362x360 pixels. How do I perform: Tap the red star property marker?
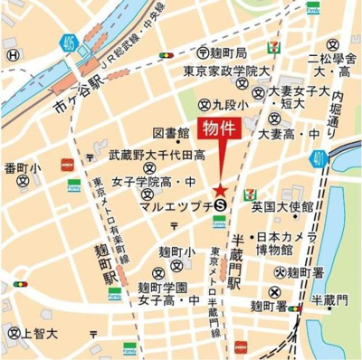(220, 189)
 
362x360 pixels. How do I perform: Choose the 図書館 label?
(169, 132)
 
